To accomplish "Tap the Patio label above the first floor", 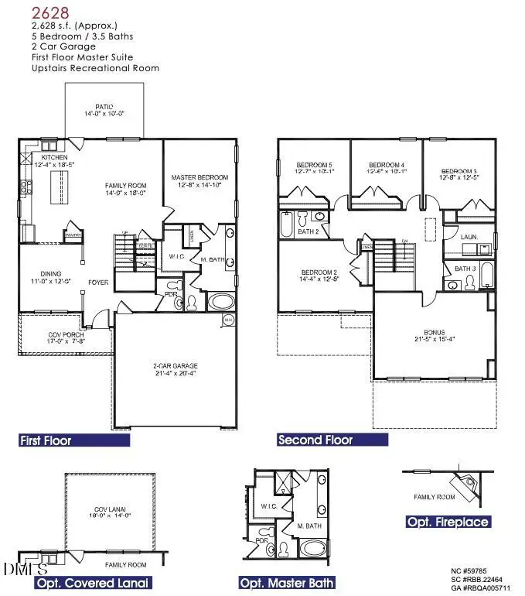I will click(x=104, y=108).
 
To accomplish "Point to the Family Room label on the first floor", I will click(x=126, y=186).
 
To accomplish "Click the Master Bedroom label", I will click(x=199, y=178).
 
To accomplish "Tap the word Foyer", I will click(x=98, y=283).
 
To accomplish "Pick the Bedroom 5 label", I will click(x=314, y=166).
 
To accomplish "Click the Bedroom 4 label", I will click(x=387, y=166).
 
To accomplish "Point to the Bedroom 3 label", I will click(x=460, y=171).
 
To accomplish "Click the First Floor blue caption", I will click(x=46, y=440).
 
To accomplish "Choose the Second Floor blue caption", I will click(x=315, y=440).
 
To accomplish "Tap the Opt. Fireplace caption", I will click(x=448, y=522).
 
